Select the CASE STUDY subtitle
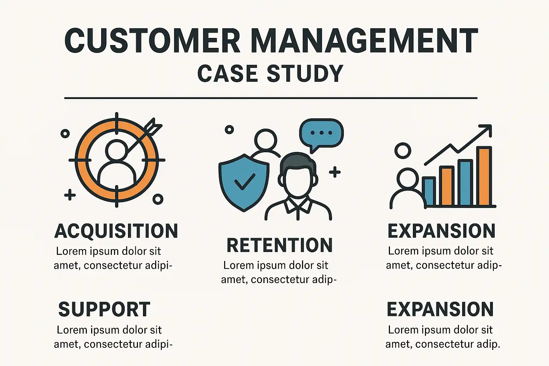tap(270, 73)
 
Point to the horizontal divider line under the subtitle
tap(271, 98)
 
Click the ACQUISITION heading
tap(116, 231)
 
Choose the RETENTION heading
tap(280, 245)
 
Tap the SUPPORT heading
tap(104, 310)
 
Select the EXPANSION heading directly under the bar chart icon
tap(441, 231)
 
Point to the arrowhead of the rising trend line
tap(487, 129)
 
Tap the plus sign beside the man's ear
tap(335, 172)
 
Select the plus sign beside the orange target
tap(70, 195)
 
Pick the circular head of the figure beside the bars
tap(403, 151)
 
